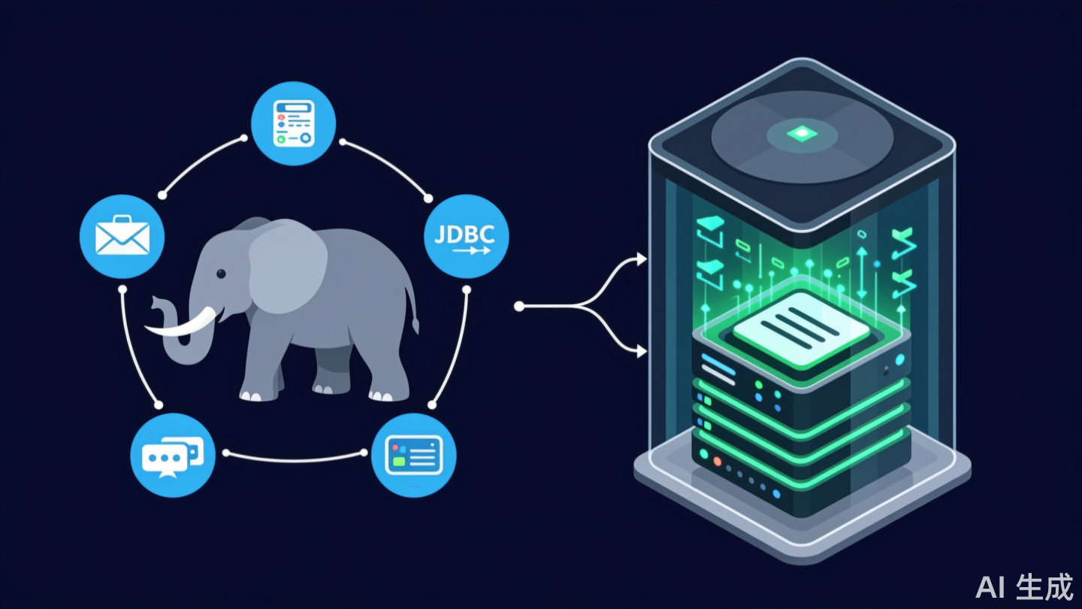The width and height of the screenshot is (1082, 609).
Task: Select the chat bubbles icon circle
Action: pos(172,456)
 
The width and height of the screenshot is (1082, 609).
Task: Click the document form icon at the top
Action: pos(292,123)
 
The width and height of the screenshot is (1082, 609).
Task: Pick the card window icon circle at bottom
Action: pos(413,455)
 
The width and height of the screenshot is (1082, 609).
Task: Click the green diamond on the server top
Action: pos(802,134)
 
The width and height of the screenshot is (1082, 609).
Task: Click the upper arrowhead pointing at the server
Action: pos(641,259)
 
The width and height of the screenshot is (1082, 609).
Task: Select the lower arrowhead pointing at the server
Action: pos(641,350)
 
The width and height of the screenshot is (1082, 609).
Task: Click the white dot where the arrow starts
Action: pos(518,306)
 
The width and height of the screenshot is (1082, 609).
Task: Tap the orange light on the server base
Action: pos(717,460)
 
